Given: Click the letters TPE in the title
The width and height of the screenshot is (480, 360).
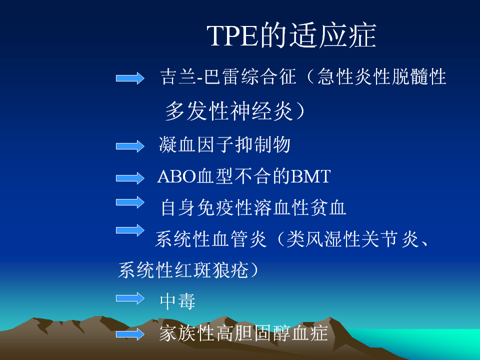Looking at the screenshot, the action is pyautogui.click(x=232, y=35).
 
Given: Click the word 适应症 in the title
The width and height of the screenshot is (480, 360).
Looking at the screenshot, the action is pyautogui.click(x=333, y=35).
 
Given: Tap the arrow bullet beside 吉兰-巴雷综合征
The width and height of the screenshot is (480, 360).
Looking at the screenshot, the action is pyautogui.click(x=130, y=78).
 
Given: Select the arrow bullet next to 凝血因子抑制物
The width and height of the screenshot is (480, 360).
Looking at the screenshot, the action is pyautogui.click(x=130, y=146).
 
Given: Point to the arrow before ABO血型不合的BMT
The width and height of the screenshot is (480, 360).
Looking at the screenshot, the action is pyautogui.click(x=130, y=178).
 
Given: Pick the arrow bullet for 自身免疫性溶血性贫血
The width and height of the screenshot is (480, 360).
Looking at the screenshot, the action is pyautogui.click(x=130, y=202).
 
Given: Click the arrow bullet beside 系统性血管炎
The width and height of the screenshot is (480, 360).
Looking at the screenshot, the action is pyautogui.click(x=130, y=230).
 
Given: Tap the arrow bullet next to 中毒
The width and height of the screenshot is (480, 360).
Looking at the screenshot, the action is pyautogui.click(x=130, y=298).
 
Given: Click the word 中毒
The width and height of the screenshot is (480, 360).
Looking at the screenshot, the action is pyautogui.click(x=177, y=301).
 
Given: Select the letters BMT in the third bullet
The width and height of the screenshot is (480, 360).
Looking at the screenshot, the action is pyautogui.click(x=310, y=176).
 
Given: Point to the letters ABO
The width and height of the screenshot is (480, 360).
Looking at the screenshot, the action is pyautogui.click(x=176, y=176).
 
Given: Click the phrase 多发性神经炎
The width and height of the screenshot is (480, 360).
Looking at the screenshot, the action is pyautogui.click(x=229, y=111).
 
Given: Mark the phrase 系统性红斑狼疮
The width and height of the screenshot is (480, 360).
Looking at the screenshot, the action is pyautogui.click(x=183, y=269).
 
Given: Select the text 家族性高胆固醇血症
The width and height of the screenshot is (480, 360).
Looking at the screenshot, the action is pyautogui.click(x=243, y=333).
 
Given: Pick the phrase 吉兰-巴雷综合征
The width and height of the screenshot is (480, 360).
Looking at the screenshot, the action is pyautogui.click(x=228, y=76).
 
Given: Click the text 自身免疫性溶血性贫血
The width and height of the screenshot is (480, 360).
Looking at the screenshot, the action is pyautogui.click(x=253, y=207).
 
